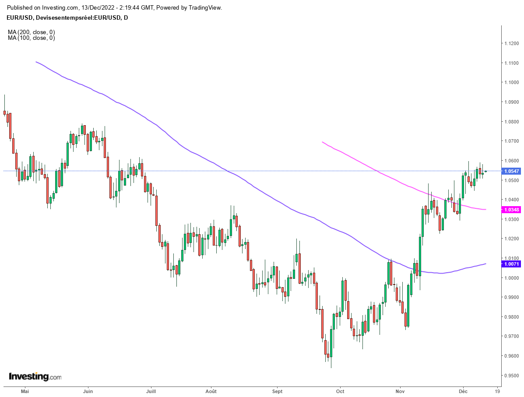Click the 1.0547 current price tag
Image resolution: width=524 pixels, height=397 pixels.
(511, 171)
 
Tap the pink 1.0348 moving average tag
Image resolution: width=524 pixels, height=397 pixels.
(511, 210)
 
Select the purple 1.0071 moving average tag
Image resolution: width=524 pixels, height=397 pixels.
(511, 264)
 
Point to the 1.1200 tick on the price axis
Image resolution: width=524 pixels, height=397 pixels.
(511, 43)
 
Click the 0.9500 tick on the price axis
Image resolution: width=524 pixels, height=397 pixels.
(511, 376)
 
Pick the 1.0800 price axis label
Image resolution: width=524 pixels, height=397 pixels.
(511, 122)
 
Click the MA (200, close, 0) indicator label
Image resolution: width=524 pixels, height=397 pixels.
(31, 32)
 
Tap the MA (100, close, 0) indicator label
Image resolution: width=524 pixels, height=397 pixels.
(31, 38)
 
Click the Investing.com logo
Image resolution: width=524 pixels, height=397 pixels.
(35, 376)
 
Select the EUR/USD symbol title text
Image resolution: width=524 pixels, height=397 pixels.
(20, 18)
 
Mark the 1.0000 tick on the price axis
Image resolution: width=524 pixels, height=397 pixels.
(511, 278)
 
